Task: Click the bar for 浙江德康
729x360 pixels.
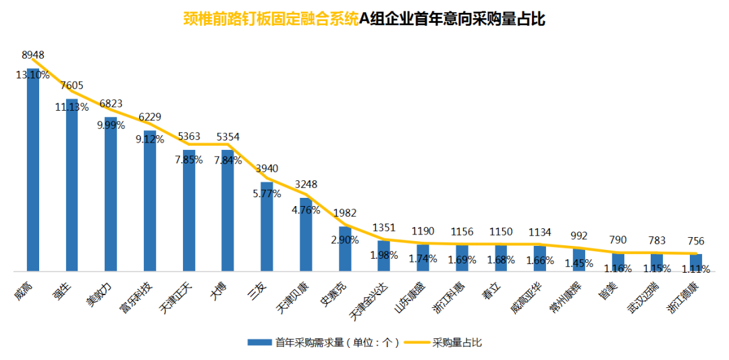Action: point(696,263)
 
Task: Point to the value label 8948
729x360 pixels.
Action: point(33,54)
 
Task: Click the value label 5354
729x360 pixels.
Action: point(228,137)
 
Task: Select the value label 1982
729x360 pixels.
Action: point(345,212)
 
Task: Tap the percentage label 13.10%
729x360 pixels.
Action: point(33,75)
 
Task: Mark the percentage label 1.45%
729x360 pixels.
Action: point(579,261)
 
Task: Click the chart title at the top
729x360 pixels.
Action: point(364,20)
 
